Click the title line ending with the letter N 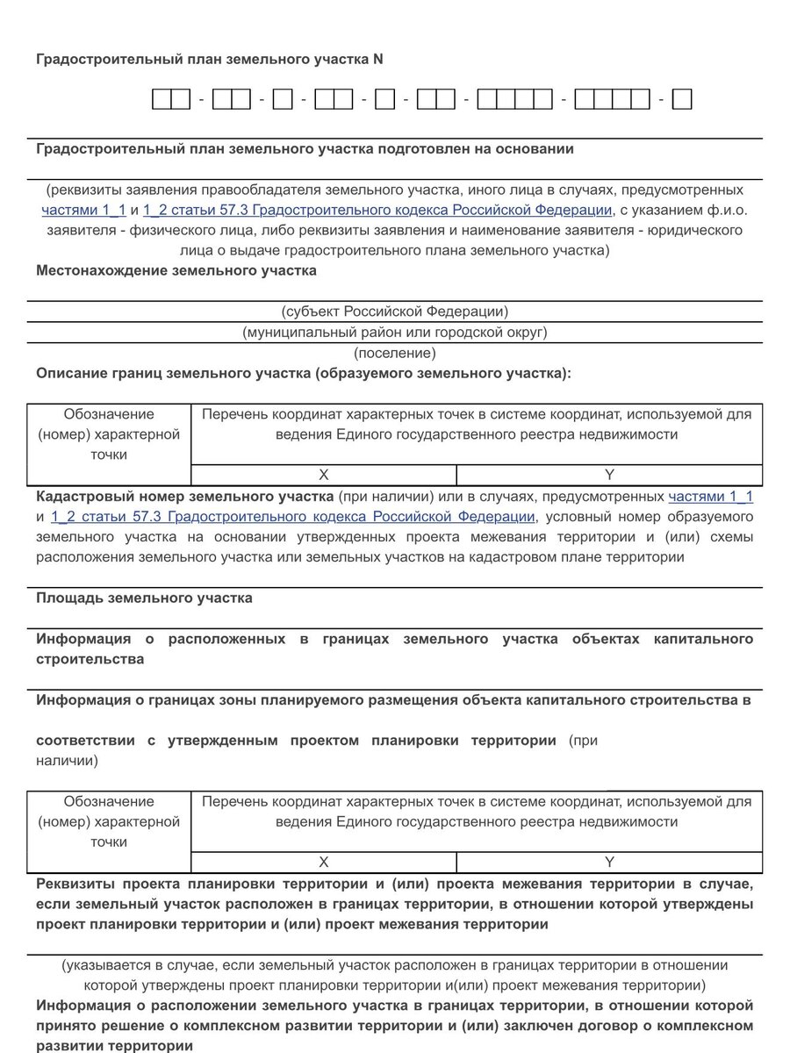click(209, 60)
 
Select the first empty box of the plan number click(162, 100)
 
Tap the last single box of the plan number click(683, 100)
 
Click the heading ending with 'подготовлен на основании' click(305, 149)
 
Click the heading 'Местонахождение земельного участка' click(176, 271)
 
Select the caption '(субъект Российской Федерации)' click(394, 312)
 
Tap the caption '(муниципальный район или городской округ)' click(394, 333)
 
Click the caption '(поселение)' click(394, 354)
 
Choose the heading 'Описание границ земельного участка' click(303, 374)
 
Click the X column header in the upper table click(323, 475)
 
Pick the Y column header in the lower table click(609, 862)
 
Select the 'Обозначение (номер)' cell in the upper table click(109, 434)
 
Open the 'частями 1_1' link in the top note click(84, 210)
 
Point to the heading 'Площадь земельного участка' click(144, 598)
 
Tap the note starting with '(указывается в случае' click(394, 965)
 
